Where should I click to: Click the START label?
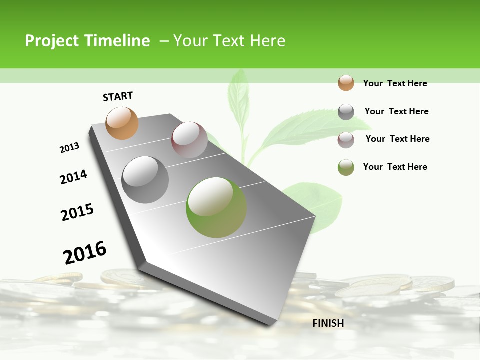118,96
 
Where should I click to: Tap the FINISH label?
328,323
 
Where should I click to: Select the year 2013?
69,148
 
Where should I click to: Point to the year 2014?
73,177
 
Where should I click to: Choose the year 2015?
77,212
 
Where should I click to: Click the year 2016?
85,253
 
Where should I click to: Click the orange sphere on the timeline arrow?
122,123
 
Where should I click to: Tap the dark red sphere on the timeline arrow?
189,140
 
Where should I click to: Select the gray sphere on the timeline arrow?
145,180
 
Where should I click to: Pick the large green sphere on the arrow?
216,207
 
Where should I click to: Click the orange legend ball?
346,83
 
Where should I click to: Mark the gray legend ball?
346,112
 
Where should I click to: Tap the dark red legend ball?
346,140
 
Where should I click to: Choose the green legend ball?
346,167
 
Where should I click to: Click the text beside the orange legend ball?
395,83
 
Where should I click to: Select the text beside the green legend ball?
395,167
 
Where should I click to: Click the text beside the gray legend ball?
396,111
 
